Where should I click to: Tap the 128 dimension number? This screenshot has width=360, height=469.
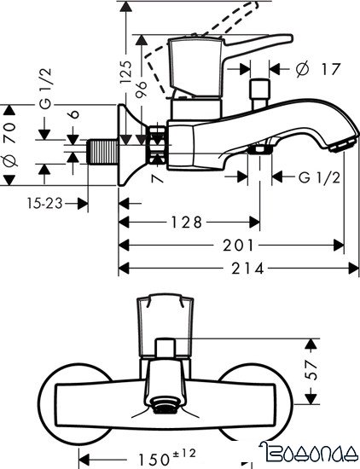185,223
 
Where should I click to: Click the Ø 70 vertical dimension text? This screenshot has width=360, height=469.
11,145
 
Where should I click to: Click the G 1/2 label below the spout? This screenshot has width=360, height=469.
309,177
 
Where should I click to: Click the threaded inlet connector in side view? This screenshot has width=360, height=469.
101,153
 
